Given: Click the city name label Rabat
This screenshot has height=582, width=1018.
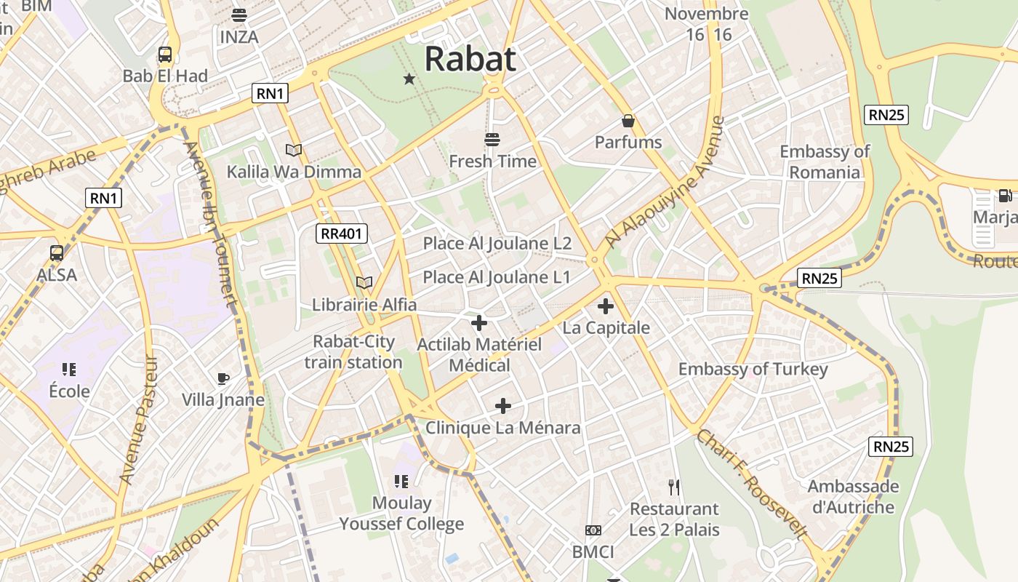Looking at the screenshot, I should (x=470, y=59).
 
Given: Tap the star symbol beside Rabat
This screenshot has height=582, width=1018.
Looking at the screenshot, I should (x=409, y=79).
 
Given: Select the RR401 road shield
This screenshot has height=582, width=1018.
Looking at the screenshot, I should (x=342, y=234).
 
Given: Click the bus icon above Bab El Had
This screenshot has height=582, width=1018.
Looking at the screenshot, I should (x=165, y=55).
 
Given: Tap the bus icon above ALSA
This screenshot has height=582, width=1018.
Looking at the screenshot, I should (x=57, y=253).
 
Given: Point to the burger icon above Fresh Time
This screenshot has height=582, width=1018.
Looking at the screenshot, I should (x=492, y=139).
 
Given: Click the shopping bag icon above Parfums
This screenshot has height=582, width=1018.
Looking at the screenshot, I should (x=628, y=121).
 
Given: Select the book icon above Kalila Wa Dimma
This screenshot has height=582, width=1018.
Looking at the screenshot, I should (x=294, y=151).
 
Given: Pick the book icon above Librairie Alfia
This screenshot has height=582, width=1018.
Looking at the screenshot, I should (x=364, y=282).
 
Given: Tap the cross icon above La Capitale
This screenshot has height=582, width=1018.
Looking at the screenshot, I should (x=605, y=306).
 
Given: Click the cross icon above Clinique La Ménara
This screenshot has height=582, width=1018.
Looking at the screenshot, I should (x=502, y=406).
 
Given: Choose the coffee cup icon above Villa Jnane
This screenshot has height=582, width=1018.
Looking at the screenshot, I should (x=223, y=378).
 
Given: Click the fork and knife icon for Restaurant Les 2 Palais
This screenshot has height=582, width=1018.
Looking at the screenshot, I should (x=674, y=487).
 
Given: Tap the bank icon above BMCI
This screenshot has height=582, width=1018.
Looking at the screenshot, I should (x=593, y=530).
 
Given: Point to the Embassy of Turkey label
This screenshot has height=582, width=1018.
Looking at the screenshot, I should (x=753, y=369).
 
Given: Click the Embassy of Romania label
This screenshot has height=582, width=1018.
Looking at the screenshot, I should (x=825, y=162).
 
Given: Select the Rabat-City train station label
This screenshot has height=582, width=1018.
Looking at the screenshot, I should (x=353, y=352).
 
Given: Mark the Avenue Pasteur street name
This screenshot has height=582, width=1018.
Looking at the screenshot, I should (x=138, y=420).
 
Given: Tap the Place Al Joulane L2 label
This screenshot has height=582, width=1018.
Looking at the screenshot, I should (x=497, y=243).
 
